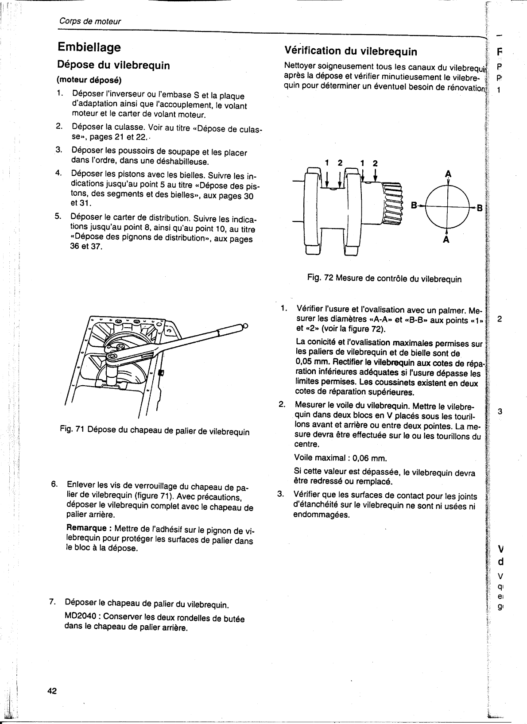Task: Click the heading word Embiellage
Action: coord(89,47)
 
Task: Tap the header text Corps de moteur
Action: coord(89,21)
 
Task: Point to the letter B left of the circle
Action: coord(414,205)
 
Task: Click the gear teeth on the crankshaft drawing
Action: coord(392,202)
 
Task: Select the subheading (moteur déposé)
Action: coord(89,80)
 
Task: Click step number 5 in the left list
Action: coord(58,217)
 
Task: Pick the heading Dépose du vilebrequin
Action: coord(114,65)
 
